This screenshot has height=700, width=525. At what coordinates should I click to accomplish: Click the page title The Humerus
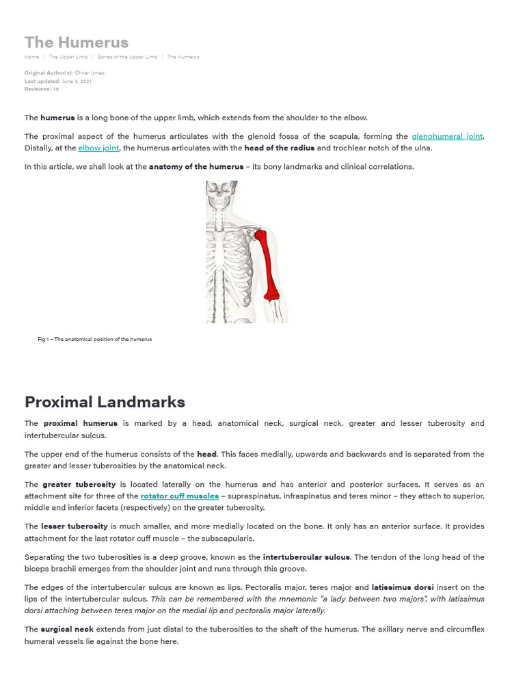[77, 42]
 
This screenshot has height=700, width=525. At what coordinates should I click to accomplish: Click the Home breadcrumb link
[31, 57]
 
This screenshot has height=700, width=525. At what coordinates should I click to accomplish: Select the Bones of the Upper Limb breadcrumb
[127, 57]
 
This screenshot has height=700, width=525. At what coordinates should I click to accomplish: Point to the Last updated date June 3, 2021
[77, 81]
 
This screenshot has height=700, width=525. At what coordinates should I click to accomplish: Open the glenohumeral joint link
[447, 137]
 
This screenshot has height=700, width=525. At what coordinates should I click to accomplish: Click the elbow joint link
[99, 148]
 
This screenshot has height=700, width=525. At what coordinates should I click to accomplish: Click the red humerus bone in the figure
[268, 263]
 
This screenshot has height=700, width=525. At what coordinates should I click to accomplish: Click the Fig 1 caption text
[94, 339]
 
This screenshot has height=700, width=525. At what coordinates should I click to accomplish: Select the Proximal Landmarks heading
[105, 401]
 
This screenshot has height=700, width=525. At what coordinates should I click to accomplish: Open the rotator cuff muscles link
[180, 496]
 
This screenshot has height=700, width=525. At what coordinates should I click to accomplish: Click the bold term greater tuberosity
[79, 485]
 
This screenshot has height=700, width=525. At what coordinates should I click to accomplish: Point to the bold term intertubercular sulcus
[306, 557]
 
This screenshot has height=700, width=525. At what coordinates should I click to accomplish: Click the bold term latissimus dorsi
[403, 587]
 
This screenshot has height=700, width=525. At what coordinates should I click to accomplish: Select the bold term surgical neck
[67, 629]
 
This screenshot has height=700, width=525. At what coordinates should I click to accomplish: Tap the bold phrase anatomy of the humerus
[196, 166]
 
